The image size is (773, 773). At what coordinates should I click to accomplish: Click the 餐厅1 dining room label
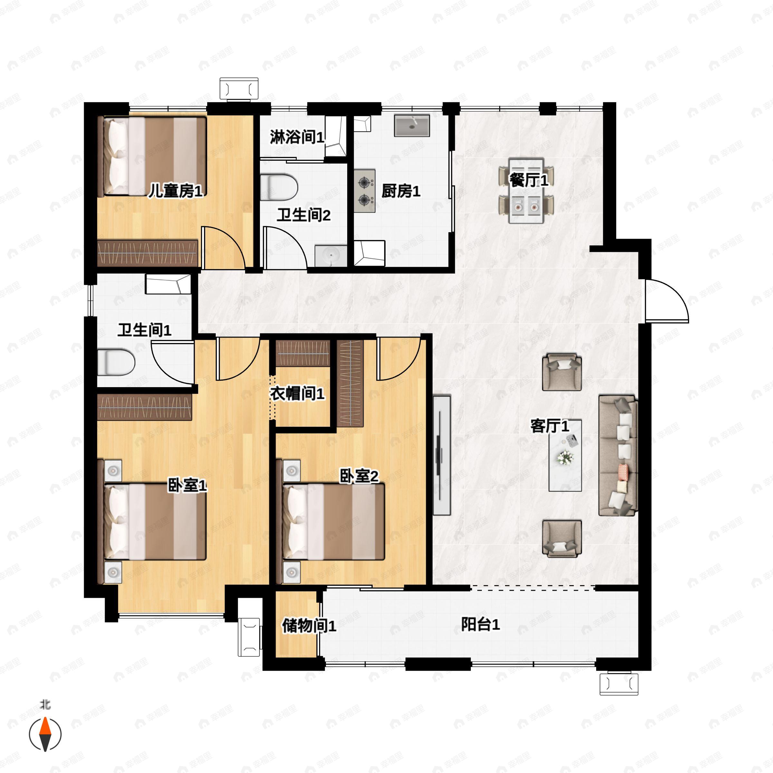[529, 180]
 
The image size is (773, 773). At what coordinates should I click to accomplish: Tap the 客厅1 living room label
[550, 426]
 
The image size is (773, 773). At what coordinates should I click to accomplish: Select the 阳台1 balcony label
[480, 625]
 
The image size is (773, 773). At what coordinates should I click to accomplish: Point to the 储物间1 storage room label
[309, 626]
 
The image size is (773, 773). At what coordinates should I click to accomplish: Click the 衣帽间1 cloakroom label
[297, 394]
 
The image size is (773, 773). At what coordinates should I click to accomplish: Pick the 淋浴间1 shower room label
[297, 137]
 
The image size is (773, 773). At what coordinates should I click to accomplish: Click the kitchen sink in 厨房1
[412, 126]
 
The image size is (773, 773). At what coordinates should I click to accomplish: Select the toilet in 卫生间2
[279, 187]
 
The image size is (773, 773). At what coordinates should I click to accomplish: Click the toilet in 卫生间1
[116, 362]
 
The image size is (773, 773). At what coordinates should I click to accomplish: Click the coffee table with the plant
[565, 456]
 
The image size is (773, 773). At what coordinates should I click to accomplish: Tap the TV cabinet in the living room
[442, 455]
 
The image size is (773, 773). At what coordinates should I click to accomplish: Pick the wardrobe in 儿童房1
[148, 253]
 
